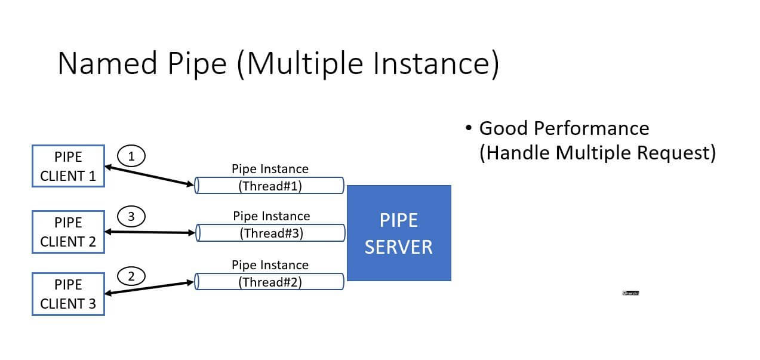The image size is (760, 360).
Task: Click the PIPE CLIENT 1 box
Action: pos(68,166)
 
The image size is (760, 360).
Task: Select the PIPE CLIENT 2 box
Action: pos(68,232)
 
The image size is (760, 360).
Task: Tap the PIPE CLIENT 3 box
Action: pos(68,294)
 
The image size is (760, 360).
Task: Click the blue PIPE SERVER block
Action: pos(399,233)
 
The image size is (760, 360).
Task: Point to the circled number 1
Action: pos(131,156)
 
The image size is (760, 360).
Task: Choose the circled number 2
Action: pos(132,276)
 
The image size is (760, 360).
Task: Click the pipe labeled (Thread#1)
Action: pos(270,186)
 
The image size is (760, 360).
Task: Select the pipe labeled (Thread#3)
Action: pos(271,233)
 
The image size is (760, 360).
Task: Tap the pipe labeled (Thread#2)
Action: pos(270,282)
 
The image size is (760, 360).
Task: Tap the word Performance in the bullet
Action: pos(592,128)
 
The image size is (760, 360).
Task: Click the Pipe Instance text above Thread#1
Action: pos(270,169)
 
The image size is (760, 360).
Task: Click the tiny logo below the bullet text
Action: pos(630,293)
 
